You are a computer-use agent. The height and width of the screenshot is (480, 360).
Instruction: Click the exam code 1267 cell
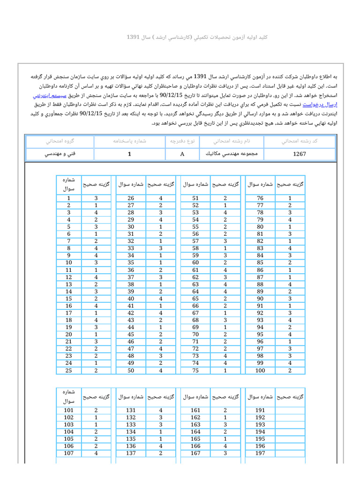(300, 154)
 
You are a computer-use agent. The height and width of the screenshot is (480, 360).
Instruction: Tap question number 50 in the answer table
(131, 371)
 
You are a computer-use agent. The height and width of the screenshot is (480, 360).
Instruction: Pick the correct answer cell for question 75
(225, 371)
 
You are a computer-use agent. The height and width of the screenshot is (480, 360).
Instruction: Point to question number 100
(260, 371)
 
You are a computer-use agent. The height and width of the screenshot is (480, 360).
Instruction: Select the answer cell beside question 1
(96, 198)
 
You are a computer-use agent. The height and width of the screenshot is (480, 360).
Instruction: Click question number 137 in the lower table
(131, 453)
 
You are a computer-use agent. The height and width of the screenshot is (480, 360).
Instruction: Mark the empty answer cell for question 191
(290, 410)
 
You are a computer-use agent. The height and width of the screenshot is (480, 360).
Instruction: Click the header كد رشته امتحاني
(300, 141)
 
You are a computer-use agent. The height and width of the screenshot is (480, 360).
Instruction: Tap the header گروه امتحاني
(60, 141)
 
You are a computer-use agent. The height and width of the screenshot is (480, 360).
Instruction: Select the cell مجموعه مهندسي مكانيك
(232, 154)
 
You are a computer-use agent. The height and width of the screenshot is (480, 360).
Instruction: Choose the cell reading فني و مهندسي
(60, 154)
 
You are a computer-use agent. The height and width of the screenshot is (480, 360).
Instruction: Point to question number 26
(131, 198)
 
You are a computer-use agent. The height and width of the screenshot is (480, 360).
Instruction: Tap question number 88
(260, 285)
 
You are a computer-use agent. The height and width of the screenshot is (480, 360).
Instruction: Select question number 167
(195, 453)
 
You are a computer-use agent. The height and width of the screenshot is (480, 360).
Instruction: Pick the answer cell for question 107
(96, 453)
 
